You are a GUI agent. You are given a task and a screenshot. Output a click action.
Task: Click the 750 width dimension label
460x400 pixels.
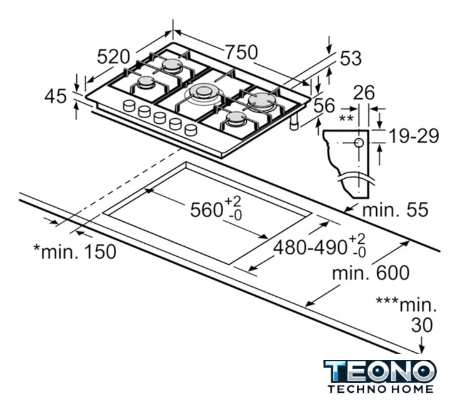[x=241, y=52]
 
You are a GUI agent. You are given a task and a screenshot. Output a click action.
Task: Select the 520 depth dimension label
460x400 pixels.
[x=113, y=57]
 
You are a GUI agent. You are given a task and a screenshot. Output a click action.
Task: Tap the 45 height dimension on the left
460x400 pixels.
[x=56, y=96]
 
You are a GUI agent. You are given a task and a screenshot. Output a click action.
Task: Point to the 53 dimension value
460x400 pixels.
[x=351, y=58]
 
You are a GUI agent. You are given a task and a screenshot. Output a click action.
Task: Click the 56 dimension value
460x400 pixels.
[x=324, y=106]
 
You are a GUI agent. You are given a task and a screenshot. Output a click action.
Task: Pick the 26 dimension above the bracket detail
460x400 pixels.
[x=364, y=92]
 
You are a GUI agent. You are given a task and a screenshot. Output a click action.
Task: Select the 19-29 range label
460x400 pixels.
[x=414, y=136]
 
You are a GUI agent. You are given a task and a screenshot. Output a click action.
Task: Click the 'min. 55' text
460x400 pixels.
[x=396, y=210]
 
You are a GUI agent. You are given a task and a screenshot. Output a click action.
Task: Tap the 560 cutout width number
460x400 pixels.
[x=206, y=210]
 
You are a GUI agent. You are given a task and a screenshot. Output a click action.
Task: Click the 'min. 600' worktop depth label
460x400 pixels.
[x=371, y=272]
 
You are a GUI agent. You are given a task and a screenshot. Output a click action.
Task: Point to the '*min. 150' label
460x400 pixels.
[x=75, y=251]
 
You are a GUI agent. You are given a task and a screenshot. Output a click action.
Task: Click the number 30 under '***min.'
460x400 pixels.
[x=422, y=325]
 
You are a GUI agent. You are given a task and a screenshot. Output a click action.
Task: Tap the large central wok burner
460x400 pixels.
[x=202, y=92]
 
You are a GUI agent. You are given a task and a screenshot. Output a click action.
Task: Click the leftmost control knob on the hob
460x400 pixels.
[x=129, y=106]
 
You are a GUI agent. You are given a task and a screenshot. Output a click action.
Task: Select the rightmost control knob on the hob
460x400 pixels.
[x=191, y=130]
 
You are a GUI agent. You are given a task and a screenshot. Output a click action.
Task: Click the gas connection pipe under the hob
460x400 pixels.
[x=294, y=122]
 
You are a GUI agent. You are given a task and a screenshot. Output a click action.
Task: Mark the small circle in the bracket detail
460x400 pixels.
[x=359, y=143]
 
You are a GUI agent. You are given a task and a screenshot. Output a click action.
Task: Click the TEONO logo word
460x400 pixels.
[x=380, y=371]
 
